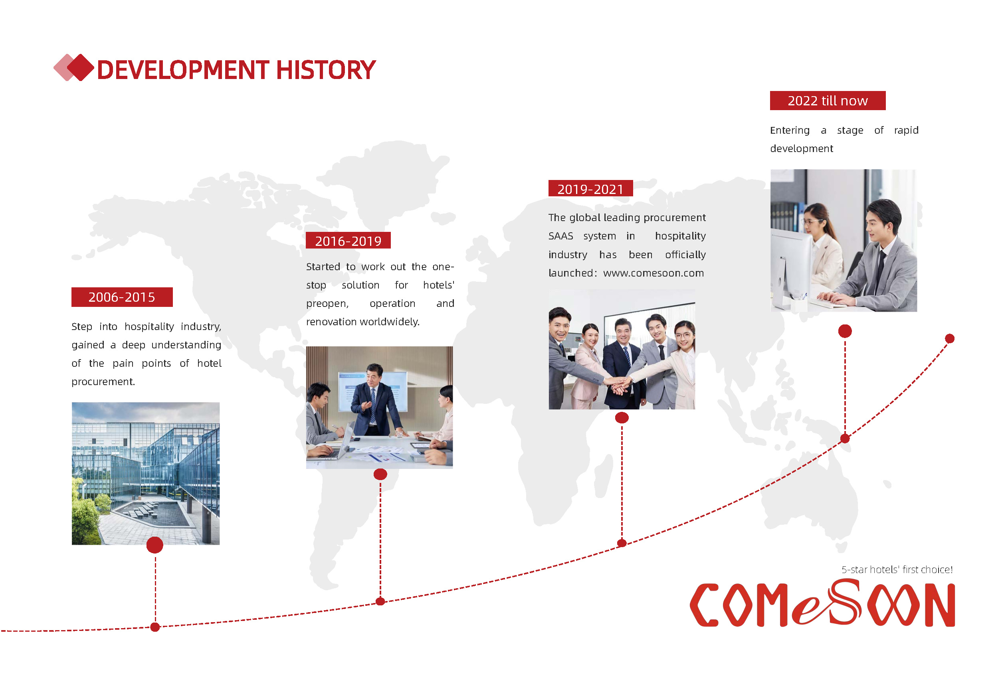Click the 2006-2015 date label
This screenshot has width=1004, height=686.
click(x=122, y=297)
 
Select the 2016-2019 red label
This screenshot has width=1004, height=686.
click(x=348, y=241)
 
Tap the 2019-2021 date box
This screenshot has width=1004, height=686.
click(x=590, y=189)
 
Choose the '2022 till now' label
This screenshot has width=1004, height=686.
click(x=828, y=101)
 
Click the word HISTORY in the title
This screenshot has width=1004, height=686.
click(x=326, y=70)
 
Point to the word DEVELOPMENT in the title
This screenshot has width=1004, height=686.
click(x=184, y=70)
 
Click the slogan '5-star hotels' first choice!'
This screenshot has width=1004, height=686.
click(x=897, y=570)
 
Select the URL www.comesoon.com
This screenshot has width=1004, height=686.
click(x=653, y=273)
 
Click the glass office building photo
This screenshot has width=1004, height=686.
click(x=146, y=473)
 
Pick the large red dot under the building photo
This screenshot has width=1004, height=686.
click(x=154, y=545)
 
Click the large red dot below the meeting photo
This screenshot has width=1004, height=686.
click(x=380, y=474)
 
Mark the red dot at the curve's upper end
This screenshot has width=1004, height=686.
click(x=950, y=339)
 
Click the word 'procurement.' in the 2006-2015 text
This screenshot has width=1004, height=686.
click(x=103, y=382)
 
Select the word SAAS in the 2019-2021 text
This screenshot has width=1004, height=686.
click(x=561, y=236)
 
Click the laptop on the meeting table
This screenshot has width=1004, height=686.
click(x=335, y=445)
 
